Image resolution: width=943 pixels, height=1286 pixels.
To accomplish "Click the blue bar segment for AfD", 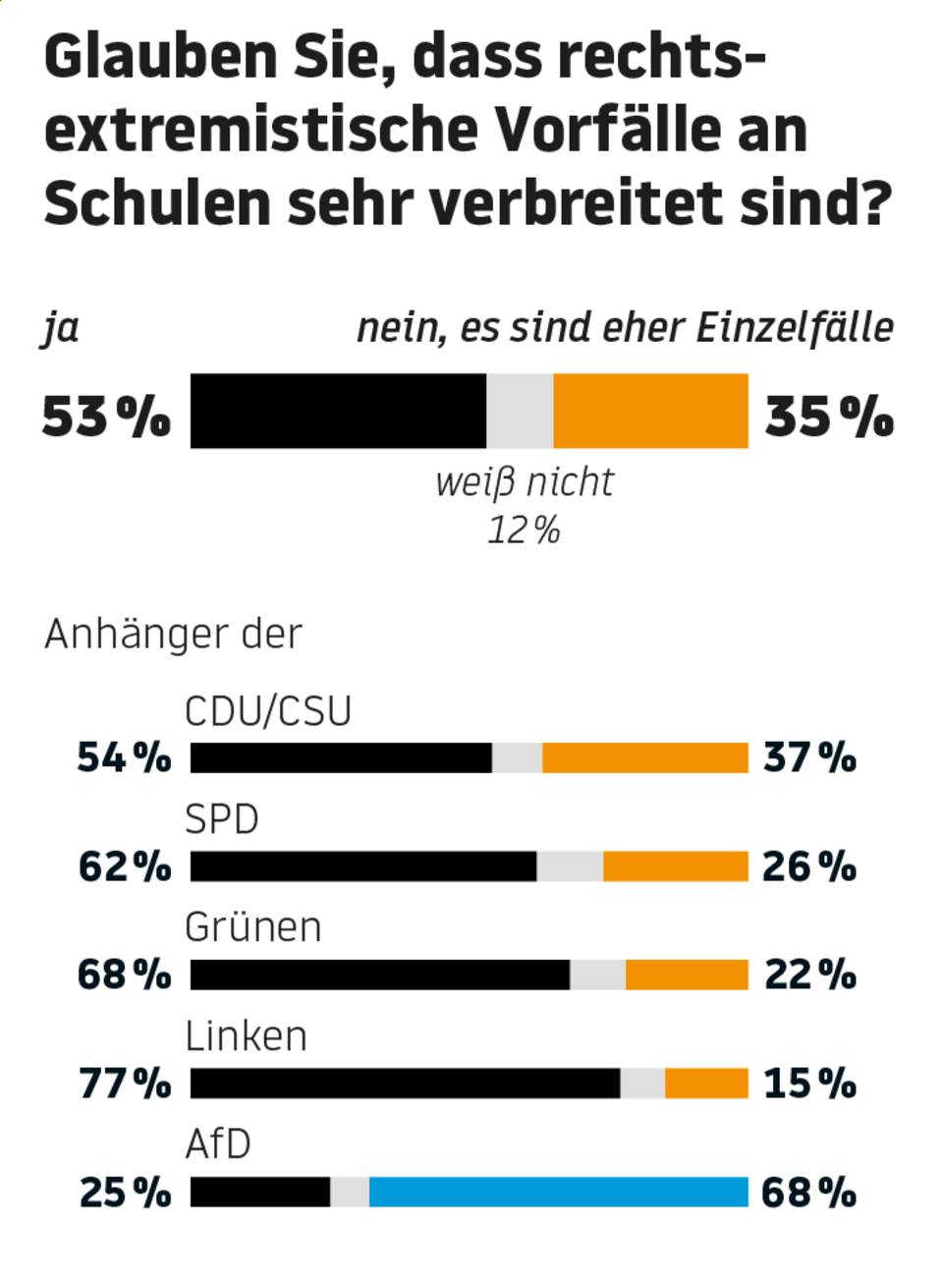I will pos(558,1192).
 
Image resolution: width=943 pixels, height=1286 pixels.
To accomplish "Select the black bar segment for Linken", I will pos(405,1083).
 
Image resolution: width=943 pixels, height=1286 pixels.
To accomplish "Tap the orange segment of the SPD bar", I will pos(675,866).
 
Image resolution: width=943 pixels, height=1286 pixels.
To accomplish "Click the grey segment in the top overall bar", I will pos(520,411).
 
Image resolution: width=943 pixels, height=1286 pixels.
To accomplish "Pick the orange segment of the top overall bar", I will pos(650,411).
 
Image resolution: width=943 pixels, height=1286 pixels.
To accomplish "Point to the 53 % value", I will pos(106,417).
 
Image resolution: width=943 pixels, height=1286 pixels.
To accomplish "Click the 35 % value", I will pos(829,417).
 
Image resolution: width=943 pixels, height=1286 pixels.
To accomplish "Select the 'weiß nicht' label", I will pos(524,482).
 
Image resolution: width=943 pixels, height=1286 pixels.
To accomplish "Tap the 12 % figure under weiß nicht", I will pos(524,531).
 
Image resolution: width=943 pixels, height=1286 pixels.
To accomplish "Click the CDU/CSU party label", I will pos(267,711).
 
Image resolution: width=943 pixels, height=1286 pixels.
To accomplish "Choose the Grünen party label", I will pos(252,927).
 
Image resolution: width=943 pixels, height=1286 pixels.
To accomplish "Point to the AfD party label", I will pos(218,1145).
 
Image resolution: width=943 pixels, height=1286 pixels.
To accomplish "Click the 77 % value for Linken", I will pos(125,1084).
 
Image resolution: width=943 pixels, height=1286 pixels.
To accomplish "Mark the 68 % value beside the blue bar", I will pos(808,1193).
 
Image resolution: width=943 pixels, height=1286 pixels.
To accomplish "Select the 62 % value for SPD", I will pos(125,867).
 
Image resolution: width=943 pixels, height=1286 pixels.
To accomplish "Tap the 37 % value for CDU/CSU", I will pos(809,757).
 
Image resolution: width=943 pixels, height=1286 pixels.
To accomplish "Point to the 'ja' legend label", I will pos(61,328).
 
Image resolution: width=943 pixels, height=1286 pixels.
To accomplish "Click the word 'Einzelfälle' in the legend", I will pos(795,327).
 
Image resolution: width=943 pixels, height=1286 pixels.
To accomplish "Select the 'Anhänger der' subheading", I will pos(173,634).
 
